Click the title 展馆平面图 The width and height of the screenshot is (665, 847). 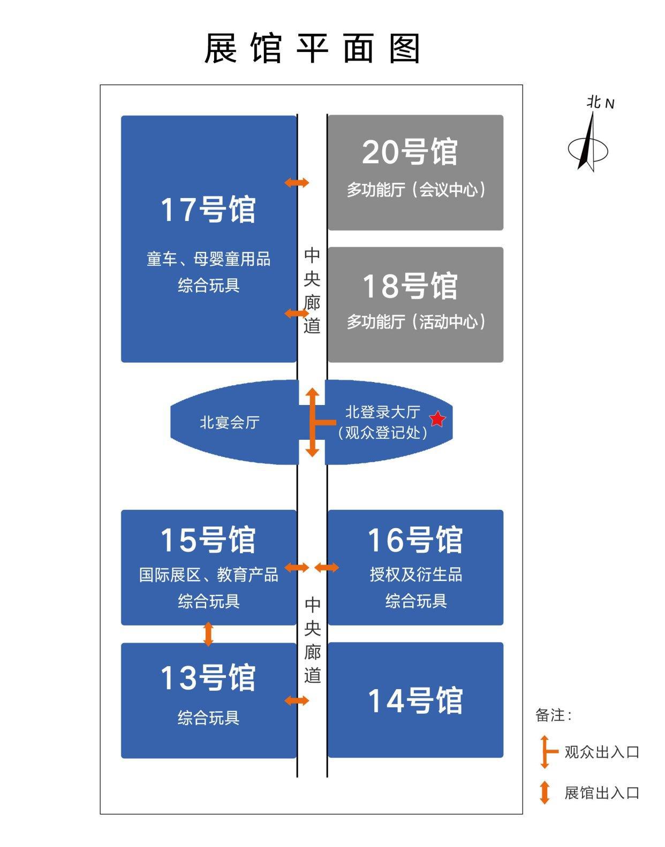tap(313, 49)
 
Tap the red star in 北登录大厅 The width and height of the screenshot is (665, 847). tap(437, 419)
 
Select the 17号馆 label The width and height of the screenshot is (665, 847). tap(208, 209)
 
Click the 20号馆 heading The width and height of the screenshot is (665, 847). tap(410, 152)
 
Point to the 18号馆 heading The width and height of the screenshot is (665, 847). tap(410, 286)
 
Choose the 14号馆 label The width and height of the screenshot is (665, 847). tap(415, 700)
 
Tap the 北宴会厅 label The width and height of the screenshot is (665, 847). tap(230, 423)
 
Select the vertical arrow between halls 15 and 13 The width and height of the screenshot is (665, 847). tap(209, 634)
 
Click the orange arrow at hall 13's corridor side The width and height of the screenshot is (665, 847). tap(297, 700)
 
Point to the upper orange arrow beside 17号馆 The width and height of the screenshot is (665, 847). tap(297, 182)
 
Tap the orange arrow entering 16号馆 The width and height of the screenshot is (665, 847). tap(327, 567)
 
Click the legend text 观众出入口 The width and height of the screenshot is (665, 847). tap(602, 752)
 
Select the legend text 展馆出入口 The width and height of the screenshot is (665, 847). tap(602, 792)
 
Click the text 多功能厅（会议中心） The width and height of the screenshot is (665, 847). tap(416, 189)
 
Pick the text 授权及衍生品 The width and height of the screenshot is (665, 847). tap(416, 575)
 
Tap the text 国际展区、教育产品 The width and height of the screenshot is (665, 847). tap(209, 575)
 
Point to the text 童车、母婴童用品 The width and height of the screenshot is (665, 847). tap(209, 260)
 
